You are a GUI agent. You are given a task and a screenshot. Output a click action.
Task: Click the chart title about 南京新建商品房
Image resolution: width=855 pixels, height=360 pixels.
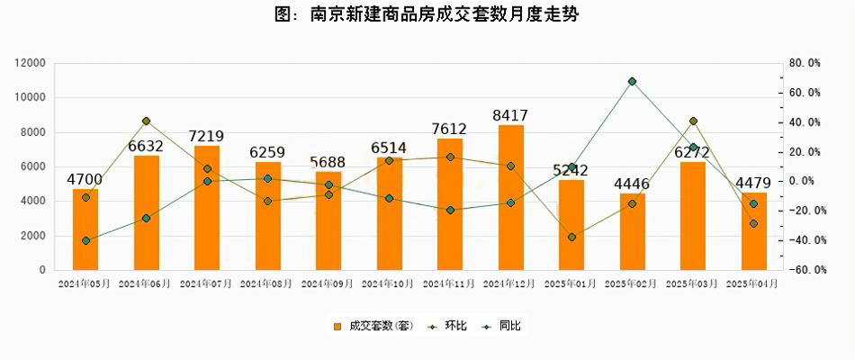(427, 15)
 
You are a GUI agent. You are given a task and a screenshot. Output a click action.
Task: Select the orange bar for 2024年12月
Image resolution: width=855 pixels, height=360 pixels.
(510, 198)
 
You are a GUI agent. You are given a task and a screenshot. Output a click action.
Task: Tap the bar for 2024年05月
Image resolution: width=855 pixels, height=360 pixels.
(85, 229)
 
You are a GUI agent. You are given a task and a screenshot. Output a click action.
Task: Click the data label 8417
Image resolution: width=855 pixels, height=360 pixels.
(510, 115)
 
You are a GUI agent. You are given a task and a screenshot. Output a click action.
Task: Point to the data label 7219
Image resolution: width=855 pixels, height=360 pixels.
(206, 136)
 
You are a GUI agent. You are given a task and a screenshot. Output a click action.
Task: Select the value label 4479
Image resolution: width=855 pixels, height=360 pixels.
(754, 184)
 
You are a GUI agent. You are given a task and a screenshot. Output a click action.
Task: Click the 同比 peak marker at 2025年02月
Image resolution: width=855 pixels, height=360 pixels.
(633, 81)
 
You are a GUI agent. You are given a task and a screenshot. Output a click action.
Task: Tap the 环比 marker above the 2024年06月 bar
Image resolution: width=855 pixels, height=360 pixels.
(146, 121)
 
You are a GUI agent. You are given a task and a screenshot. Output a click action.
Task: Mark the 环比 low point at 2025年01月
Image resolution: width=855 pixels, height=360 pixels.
(571, 237)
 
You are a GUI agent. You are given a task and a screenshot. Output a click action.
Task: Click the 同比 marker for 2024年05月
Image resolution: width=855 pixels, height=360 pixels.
(85, 240)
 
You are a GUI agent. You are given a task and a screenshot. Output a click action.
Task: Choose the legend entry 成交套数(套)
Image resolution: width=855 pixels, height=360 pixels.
(369, 326)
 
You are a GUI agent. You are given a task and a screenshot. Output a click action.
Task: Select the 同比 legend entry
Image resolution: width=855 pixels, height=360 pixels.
(502, 326)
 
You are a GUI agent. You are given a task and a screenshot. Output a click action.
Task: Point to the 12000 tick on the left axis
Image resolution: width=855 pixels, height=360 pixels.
(31, 63)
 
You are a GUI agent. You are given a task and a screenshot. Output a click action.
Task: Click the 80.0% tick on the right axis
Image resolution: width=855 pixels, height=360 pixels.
(804, 63)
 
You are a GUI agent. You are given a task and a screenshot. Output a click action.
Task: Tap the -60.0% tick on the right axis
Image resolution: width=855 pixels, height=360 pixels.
(804, 270)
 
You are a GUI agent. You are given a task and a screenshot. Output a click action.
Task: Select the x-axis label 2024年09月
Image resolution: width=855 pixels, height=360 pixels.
(328, 283)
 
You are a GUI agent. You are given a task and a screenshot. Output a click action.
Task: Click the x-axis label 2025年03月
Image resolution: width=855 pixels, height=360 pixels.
(693, 283)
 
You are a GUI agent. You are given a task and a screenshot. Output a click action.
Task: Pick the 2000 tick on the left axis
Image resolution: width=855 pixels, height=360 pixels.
(35, 236)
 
